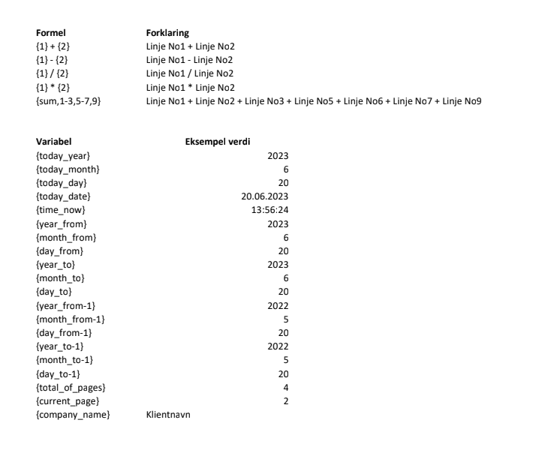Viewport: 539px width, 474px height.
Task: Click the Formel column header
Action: (49, 34)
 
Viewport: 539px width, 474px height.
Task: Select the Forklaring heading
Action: (167, 34)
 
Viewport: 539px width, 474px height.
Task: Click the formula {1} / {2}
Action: (53, 73)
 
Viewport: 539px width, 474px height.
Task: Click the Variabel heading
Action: (54, 142)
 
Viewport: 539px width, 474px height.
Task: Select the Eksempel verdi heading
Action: (218, 142)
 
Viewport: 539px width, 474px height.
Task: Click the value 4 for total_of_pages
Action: (285, 388)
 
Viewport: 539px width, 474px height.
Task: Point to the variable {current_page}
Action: (68, 401)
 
